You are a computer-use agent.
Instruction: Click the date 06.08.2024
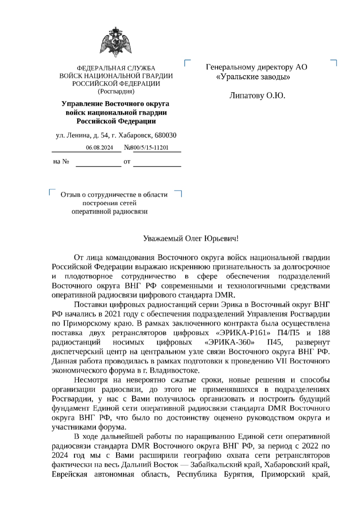[99, 148]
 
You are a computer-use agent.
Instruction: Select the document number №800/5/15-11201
[146, 148]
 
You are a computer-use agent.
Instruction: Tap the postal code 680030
[166, 135]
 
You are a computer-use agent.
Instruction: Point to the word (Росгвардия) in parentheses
[116, 92]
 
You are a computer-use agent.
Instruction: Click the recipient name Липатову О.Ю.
[257, 96]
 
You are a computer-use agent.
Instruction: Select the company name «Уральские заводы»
[253, 77]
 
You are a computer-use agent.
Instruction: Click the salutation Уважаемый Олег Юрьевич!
[191, 239]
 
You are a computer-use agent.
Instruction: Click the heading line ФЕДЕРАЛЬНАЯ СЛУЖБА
[116, 68]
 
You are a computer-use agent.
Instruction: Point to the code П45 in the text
[274, 342]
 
